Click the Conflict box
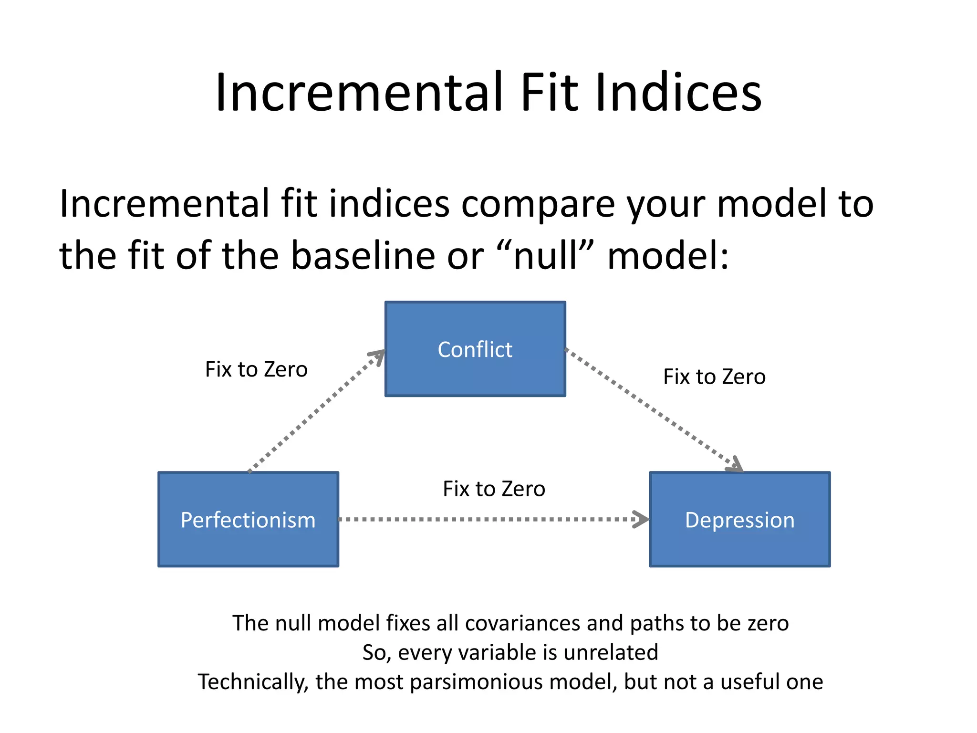coord(475,349)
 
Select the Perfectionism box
coord(248,519)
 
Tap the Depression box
coord(740,519)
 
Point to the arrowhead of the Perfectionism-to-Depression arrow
coord(641,519)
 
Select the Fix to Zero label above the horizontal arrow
coord(494,489)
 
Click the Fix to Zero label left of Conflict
coord(256,369)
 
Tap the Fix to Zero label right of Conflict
coord(714,377)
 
